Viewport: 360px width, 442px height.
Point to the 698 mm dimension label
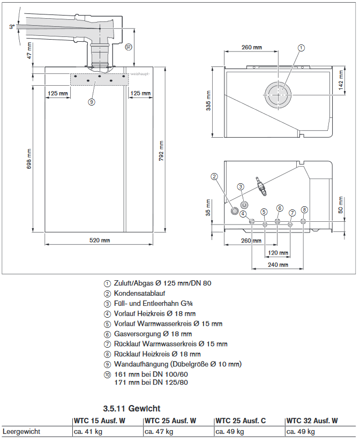[30, 159]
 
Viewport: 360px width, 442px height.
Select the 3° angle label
[11, 26]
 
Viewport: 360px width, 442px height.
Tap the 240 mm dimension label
[277, 265]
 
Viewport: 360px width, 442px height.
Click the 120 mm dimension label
[277, 253]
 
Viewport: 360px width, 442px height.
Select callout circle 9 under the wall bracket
[92, 101]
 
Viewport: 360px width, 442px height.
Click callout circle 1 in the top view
[301, 48]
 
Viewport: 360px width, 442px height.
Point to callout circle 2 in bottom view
[214, 176]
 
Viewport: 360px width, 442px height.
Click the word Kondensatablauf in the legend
[139, 294]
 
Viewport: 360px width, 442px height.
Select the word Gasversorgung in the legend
[137, 334]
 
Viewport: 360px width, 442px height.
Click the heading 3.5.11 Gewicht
[131, 408]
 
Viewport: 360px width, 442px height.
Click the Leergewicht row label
[21, 431]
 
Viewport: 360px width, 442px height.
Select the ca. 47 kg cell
[160, 431]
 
